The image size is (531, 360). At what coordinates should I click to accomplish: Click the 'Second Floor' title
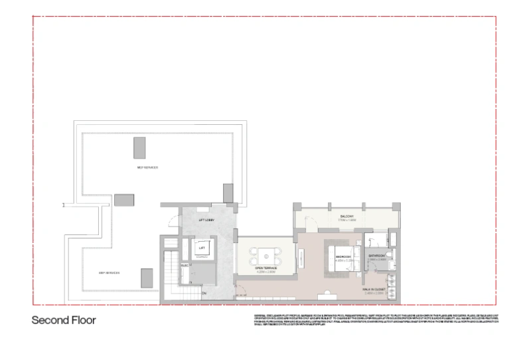tap(64, 320)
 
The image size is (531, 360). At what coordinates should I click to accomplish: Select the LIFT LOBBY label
tap(205, 219)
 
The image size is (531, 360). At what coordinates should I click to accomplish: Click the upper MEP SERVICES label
tap(147, 167)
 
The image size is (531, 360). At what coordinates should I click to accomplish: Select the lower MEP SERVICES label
tap(109, 272)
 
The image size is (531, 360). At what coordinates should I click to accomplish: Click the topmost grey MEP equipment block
tap(139, 147)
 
